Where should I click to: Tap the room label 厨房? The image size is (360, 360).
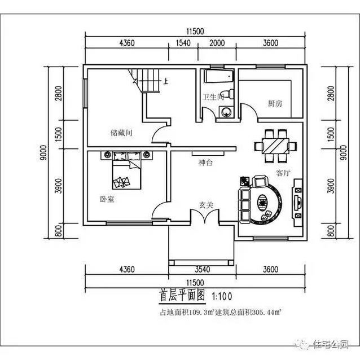point(275,103)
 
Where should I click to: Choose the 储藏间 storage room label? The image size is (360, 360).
point(121,134)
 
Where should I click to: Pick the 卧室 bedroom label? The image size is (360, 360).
point(107,199)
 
